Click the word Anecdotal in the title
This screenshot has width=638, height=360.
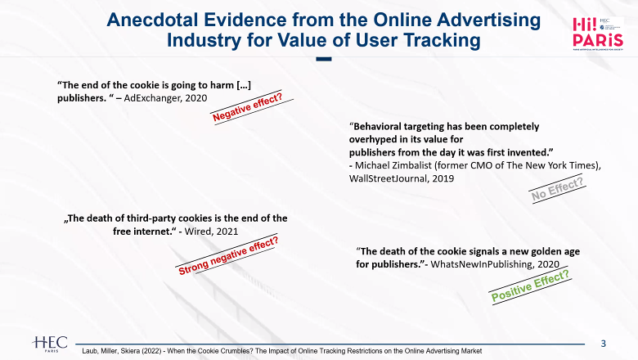click(153, 20)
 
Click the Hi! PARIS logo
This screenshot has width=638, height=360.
click(598, 34)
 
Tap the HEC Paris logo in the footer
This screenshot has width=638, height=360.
click(50, 344)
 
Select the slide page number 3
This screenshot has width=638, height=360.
click(604, 344)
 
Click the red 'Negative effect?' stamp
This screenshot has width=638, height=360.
click(248, 106)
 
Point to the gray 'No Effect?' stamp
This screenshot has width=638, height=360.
click(558, 189)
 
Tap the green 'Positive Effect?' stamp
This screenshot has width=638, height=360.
click(530, 286)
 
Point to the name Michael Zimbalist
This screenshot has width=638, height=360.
click(392, 165)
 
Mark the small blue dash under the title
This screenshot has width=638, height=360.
click(324, 59)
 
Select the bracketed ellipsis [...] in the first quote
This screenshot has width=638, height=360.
click(244, 85)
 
